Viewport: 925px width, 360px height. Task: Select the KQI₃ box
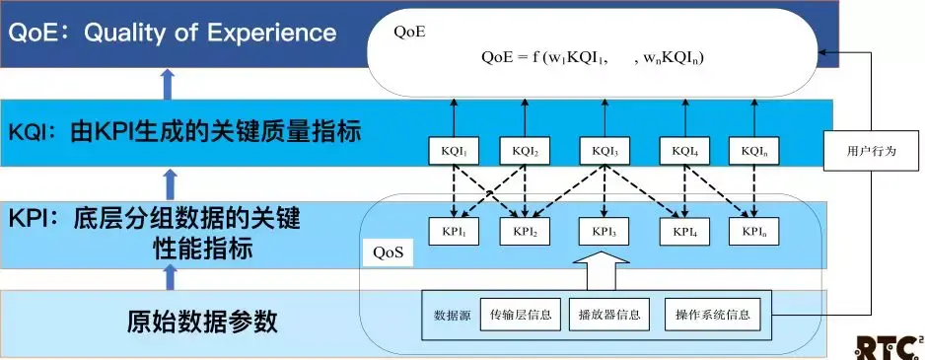pos(605,151)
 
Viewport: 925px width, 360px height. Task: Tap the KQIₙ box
pos(753,151)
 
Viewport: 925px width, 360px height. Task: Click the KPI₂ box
pos(525,232)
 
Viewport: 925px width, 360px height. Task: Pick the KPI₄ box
pos(684,232)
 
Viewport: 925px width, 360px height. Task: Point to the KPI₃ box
pos(605,232)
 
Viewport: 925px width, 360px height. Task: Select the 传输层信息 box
pos(519,314)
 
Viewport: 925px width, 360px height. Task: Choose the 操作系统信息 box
pos(713,314)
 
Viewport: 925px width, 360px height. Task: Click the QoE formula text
pos(593,57)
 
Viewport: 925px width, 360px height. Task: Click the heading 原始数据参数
pos(202,322)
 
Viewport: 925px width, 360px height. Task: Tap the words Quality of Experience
pos(210,33)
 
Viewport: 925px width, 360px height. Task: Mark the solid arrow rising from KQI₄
pos(684,118)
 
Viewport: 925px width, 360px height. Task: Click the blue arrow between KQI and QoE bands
pos(169,83)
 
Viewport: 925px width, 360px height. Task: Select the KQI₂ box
pos(525,151)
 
